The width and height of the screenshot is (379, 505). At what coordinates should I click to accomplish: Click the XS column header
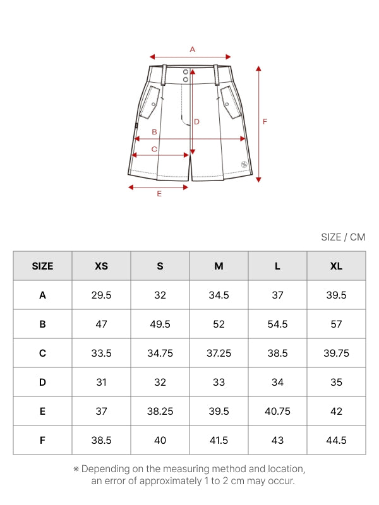tap(101, 266)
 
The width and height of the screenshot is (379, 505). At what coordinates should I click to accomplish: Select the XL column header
tap(336, 266)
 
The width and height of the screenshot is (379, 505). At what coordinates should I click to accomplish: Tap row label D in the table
tap(42, 383)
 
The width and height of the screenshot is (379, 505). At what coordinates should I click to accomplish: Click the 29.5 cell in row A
tap(101, 295)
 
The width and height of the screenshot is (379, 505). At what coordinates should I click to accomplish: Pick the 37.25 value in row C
tap(219, 353)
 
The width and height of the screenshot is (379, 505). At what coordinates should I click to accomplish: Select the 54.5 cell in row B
tap(277, 324)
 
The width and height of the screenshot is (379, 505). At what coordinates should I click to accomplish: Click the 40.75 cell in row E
tap(277, 412)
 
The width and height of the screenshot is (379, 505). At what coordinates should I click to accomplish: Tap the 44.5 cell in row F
tap(336, 440)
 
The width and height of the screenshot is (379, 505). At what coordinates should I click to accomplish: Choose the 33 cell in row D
tap(219, 383)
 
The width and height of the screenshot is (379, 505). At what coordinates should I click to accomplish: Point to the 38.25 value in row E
tap(160, 412)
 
